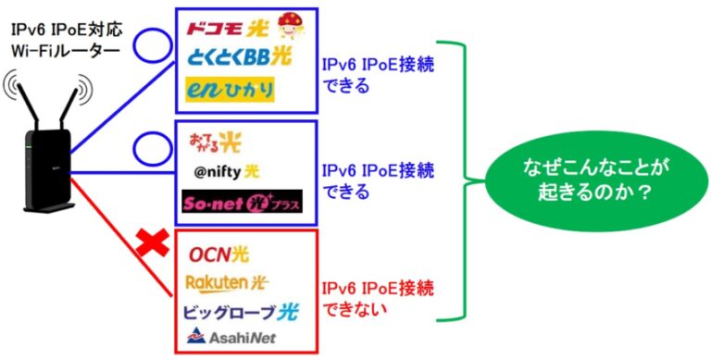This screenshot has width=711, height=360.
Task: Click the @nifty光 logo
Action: pyautogui.click(x=227, y=172)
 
